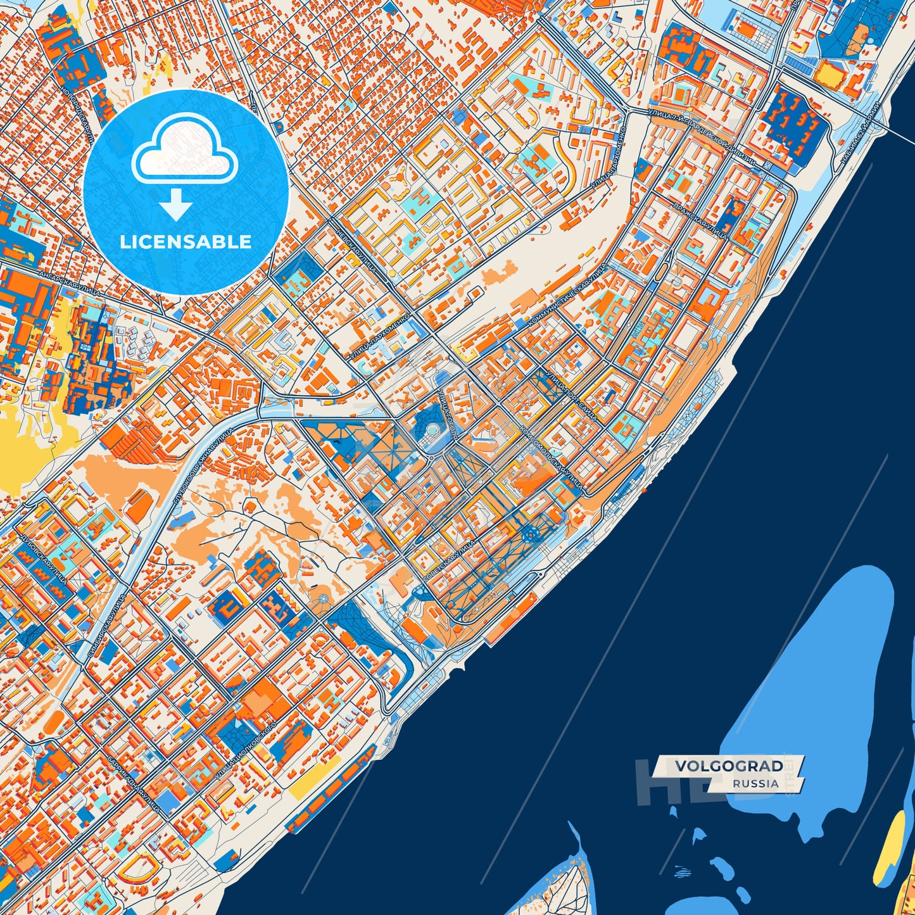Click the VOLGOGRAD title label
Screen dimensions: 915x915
[x=728, y=766]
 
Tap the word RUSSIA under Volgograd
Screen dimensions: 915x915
[x=756, y=783]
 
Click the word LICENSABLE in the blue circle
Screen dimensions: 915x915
[x=186, y=242]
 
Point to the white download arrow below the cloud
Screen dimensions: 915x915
[x=175, y=205]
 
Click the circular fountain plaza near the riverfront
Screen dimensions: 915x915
[x=532, y=536]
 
